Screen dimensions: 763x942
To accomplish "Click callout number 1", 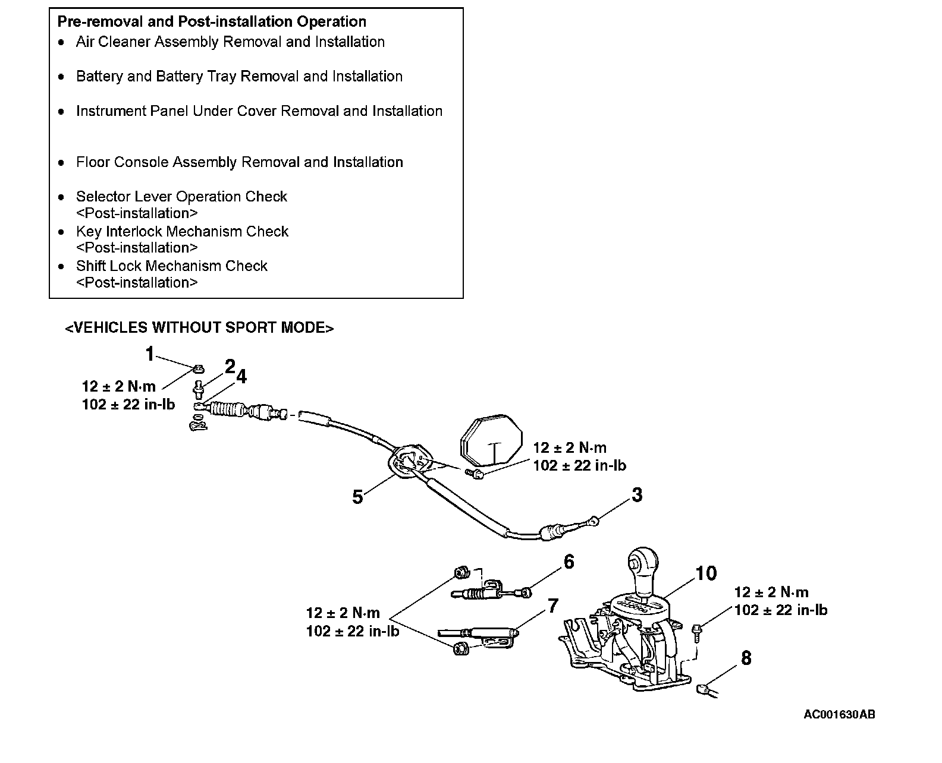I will (150, 354).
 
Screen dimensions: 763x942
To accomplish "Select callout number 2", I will (230, 366).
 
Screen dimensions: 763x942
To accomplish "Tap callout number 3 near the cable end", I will (637, 494).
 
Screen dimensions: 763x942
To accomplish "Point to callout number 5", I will (357, 497).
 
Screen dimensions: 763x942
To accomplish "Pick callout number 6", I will (569, 562).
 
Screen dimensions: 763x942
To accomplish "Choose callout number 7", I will (553, 606).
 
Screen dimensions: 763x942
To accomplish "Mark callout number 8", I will (746, 658).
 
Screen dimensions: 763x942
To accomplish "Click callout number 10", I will (706, 573).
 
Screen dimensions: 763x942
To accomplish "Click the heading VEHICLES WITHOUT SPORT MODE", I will (199, 328).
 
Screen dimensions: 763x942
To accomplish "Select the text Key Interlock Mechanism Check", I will (182, 231).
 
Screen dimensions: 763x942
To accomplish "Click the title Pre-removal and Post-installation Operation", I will (212, 22).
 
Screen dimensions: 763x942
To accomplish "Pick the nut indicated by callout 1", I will (199, 370).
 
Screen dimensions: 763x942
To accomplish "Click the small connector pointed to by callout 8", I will (702, 689).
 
